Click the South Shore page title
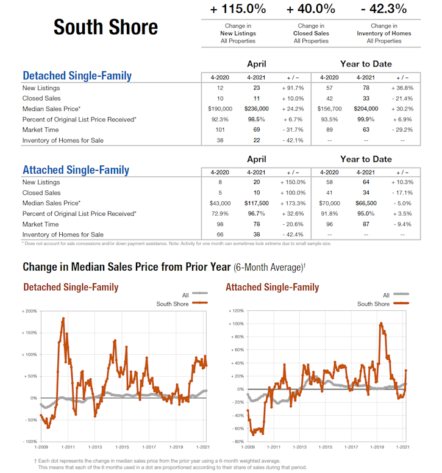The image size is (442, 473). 105,27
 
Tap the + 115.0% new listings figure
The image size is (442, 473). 238,9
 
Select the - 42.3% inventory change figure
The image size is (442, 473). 384,9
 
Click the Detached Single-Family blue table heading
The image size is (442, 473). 77,76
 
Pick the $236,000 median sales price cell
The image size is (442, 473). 256,108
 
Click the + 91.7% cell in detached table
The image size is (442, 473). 293,88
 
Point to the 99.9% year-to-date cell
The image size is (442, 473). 366,119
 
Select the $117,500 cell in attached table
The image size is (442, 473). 256,203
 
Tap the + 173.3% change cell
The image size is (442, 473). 293,203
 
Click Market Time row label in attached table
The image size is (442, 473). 41,224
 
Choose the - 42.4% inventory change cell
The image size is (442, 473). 293,235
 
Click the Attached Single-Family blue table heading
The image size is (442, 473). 76,170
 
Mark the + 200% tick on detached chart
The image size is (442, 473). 30,311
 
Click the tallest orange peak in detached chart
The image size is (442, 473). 63,318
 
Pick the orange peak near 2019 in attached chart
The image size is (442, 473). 381,324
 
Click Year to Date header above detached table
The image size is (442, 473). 366,64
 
